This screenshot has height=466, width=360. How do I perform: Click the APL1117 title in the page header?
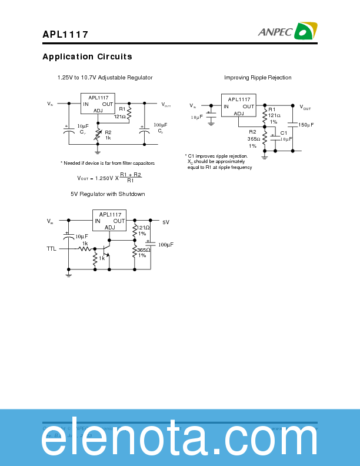[x=65, y=35]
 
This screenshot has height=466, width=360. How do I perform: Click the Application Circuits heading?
[x=87, y=57]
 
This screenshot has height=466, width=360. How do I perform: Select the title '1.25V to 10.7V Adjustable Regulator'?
[x=105, y=78]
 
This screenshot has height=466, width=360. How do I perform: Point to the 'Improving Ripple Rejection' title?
[x=258, y=78]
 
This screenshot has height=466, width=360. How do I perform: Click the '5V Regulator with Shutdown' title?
[x=108, y=194]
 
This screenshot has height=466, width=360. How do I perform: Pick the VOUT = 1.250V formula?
[x=109, y=178]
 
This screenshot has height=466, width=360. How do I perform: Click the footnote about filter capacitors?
[x=108, y=163]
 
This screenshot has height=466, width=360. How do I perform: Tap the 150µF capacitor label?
[x=306, y=125]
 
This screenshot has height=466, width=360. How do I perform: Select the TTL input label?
[x=52, y=249]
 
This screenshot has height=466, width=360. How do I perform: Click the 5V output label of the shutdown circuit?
[x=166, y=222]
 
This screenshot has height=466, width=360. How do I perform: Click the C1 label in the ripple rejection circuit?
[x=284, y=133]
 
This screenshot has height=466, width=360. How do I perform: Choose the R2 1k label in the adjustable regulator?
[x=108, y=135]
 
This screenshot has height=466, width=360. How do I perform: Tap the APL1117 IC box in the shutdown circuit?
[x=110, y=221]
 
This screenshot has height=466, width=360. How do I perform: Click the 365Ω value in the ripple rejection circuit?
[x=254, y=139]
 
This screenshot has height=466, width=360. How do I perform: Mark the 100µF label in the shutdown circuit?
[x=165, y=244]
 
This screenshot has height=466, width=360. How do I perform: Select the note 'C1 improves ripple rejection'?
[x=216, y=156]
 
